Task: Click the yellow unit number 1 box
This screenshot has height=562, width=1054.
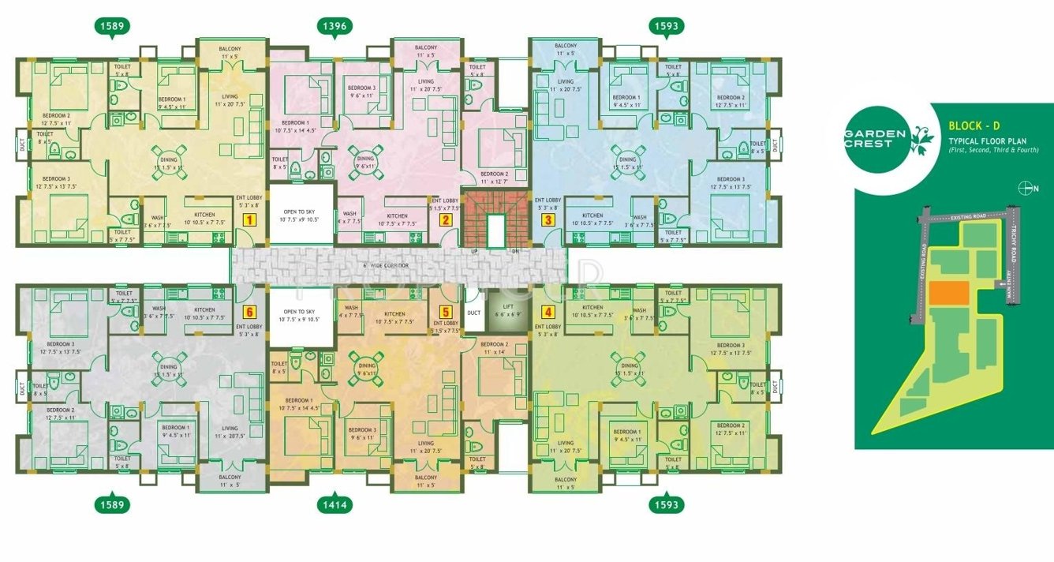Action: (249, 220)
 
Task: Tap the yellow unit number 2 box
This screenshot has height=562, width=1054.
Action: (446, 220)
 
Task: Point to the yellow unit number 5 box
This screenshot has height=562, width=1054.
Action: (446, 312)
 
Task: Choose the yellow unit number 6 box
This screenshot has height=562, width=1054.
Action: (249, 312)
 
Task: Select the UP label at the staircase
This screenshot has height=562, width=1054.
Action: (475, 251)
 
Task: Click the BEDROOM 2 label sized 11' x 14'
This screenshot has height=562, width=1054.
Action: (495, 348)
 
